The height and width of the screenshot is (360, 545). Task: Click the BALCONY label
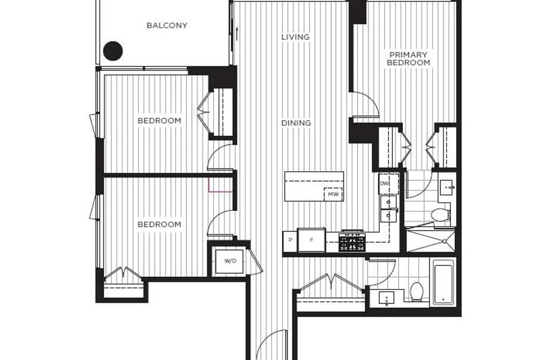pos(167,25)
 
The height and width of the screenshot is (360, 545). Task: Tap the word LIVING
pos(295,37)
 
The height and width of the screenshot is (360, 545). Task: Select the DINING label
pos(296,123)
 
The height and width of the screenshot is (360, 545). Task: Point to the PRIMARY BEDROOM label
pos(408,59)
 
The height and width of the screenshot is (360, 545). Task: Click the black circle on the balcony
pos(113,51)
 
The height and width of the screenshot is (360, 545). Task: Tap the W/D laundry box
pos(230,260)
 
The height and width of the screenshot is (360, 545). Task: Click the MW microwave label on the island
pos(334,194)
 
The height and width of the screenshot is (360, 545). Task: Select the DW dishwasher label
pos(384,183)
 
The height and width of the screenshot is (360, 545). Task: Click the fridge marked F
pos(312,240)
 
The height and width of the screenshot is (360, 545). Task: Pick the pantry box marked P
pos(290,240)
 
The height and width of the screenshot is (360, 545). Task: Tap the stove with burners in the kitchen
pos(352,241)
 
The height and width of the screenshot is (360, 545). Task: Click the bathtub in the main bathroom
pos(443,283)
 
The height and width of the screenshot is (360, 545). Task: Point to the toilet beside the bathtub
pos(416,291)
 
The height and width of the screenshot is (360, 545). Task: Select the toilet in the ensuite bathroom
pos(441,215)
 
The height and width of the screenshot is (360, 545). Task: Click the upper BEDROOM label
pos(160,121)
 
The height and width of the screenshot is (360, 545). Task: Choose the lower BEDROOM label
pos(160,224)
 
